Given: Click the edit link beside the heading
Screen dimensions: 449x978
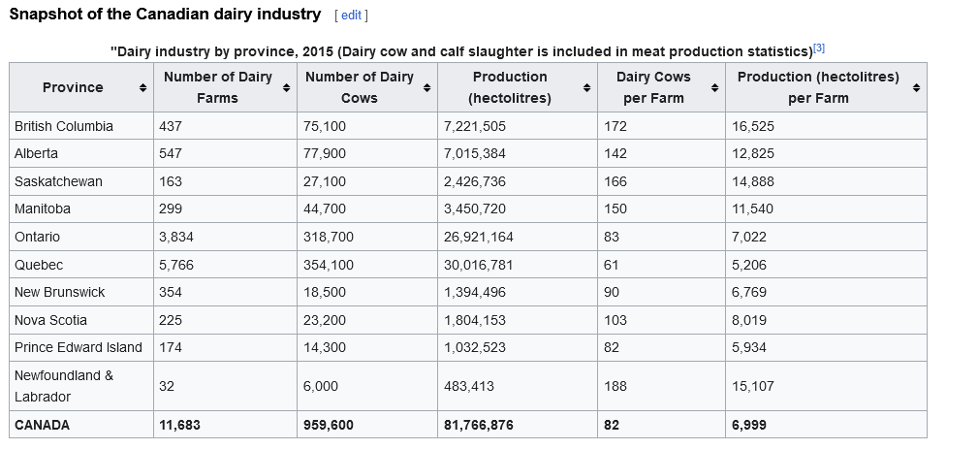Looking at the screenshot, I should click(350, 16).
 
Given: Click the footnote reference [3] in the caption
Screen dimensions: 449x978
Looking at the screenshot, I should click(818, 48).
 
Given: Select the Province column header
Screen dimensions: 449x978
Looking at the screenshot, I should click(73, 87).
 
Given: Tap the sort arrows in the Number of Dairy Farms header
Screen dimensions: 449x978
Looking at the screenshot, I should click(286, 88).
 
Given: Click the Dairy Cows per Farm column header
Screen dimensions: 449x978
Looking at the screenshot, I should click(652, 87).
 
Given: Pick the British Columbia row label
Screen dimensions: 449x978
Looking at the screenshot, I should click(64, 126).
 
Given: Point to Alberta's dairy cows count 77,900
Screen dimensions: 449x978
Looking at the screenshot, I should click(325, 153).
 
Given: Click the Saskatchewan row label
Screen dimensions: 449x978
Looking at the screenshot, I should click(58, 181).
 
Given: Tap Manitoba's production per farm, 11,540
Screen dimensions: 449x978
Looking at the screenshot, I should click(756, 208).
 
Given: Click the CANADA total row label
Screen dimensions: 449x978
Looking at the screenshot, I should click(43, 425).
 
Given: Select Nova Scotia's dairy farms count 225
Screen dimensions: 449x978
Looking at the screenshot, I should click(171, 320).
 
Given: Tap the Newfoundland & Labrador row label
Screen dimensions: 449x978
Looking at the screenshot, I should click(64, 386).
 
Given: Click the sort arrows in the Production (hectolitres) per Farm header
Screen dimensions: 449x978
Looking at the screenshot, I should click(916, 88).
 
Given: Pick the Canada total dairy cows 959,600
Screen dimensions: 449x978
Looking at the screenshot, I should click(329, 425).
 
